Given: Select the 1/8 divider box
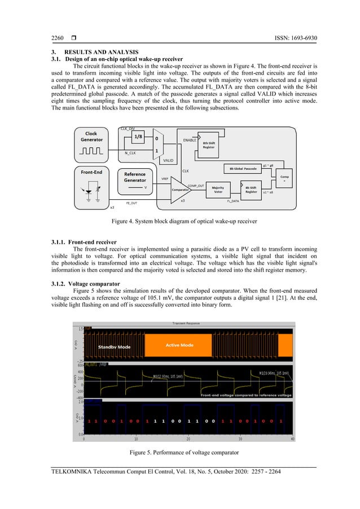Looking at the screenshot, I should pyautogui.click(x=138, y=137).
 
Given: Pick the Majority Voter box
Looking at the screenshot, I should pyautogui.click(x=217, y=189).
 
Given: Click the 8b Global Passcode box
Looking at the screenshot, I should pyautogui.click(x=243, y=168).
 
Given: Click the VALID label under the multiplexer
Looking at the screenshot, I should pyautogui.click(x=168, y=160).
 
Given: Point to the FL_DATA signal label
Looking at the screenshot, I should pyautogui.click(x=234, y=201).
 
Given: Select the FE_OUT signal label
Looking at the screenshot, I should pyautogui.click(x=131, y=203).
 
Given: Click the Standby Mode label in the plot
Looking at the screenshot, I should pyautogui.click(x=115, y=346).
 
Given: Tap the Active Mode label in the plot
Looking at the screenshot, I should pyautogui.click(x=179, y=345).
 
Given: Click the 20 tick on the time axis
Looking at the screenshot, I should pyautogui.click(x=188, y=438).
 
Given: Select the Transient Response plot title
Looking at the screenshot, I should pyautogui.click(x=188, y=323).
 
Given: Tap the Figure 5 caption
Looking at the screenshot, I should pyautogui.click(x=180, y=453).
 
